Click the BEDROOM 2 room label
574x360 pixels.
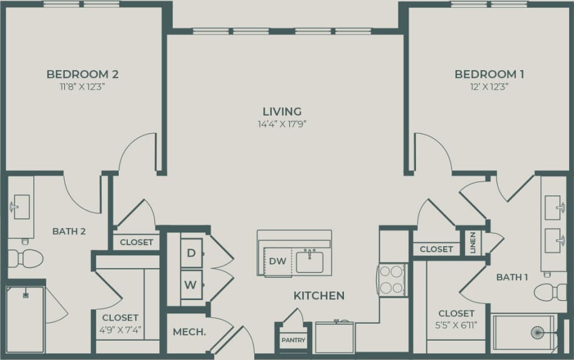(82, 74)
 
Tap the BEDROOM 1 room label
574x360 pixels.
(489, 74)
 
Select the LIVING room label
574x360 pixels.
(282, 111)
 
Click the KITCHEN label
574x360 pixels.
(319, 296)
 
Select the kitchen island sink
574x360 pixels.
(309, 261)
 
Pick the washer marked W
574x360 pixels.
(191, 284)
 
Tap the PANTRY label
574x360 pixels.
(294, 340)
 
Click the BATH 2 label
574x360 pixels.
(68, 231)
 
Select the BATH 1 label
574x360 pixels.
(512, 277)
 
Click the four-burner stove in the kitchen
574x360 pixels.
(392, 280)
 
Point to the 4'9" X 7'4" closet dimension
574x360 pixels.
(120, 330)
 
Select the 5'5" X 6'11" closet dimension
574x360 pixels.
(456, 326)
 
